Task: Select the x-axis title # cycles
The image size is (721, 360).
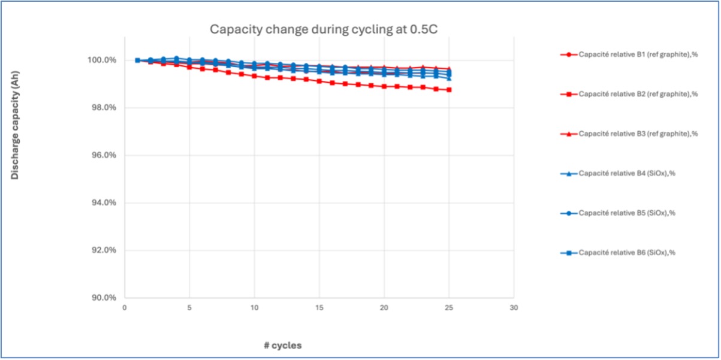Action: coord(282,346)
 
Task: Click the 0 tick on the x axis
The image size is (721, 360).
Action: coord(125,308)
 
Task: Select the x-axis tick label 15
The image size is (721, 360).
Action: coord(319,308)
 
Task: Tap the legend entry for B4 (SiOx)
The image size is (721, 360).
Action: coord(623,173)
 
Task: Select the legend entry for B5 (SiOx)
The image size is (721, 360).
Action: coord(623,213)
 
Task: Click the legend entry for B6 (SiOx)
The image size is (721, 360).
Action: coord(623,252)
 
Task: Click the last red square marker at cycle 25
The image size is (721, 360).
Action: coord(449,90)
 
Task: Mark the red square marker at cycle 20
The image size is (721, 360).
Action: coord(384,86)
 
